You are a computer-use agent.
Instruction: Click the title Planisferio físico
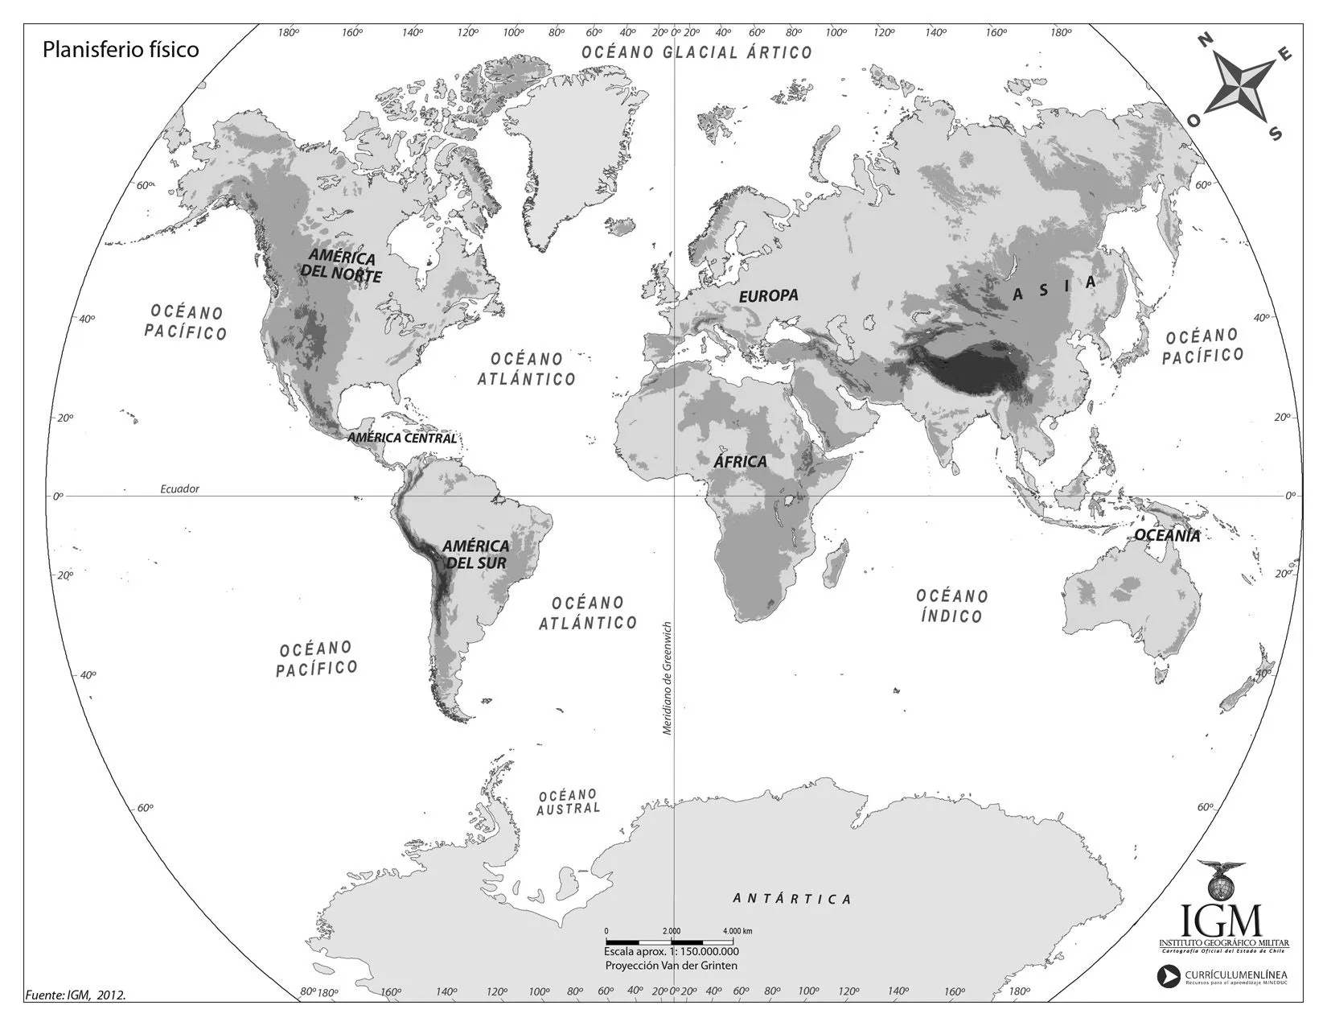[121, 50]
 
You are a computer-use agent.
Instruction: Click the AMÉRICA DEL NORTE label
[341, 266]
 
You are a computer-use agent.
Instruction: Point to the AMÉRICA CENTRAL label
[401, 439]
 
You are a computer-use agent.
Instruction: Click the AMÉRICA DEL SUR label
[475, 554]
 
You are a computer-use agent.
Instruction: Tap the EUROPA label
[769, 295]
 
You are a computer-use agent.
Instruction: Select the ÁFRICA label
[740, 462]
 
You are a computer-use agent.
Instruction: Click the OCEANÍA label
[1167, 535]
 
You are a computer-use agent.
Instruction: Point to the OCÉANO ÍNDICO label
[951, 606]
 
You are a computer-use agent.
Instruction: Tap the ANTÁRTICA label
[792, 898]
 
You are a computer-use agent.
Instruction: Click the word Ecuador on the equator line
[179, 488]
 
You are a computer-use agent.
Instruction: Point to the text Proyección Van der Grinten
[671, 965]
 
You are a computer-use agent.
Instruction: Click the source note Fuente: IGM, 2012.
[76, 995]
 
